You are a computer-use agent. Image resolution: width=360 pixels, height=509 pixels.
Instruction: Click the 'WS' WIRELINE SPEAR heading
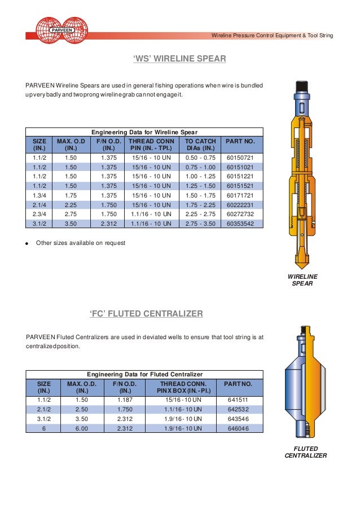point(179,58)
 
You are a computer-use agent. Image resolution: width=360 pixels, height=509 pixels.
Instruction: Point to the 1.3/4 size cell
point(39,195)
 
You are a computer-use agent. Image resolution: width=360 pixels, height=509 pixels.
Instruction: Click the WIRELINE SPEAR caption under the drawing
point(303,280)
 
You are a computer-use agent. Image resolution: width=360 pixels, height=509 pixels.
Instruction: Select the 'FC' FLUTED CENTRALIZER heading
point(146,313)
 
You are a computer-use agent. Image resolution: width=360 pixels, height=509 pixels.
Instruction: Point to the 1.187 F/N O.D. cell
point(125,399)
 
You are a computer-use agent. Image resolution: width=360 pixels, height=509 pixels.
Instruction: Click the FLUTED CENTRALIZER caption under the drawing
point(305,452)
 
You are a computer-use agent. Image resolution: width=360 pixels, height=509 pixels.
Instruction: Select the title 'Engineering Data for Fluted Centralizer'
point(144,374)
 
